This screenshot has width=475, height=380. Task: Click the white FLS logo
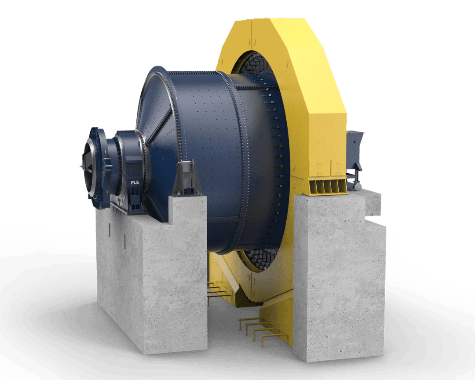135,182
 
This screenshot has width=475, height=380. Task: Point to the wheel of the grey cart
358,187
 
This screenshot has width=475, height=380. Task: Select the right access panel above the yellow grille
337,168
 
